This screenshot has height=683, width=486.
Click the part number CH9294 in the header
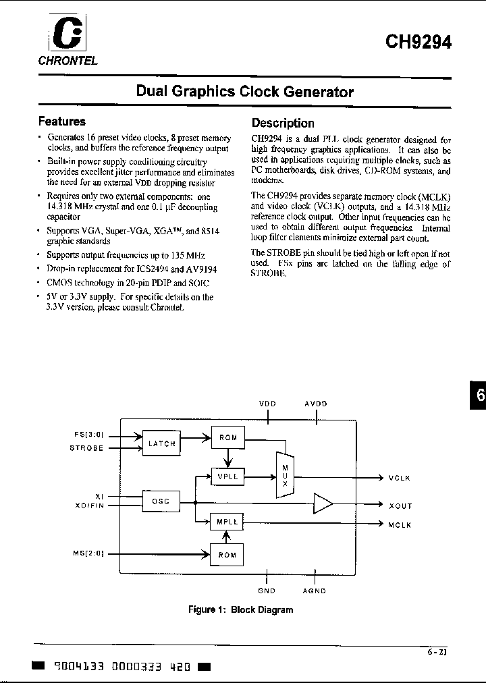tap(418, 41)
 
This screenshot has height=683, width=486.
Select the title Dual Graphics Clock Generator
tap(244, 91)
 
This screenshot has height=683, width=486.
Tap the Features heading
tap(61, 121)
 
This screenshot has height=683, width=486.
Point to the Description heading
tap(283, 123)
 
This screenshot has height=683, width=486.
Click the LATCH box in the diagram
tap(161, 443)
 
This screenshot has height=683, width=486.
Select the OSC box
tap(161, 501)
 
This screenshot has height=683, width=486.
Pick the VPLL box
tap(227, 476)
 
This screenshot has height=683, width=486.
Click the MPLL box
tap(227, 522)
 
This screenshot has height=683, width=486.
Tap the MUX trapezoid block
tap(285, 475)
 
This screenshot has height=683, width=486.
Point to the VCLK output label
tap(400, 478)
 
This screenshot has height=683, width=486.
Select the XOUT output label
tap(400, 506)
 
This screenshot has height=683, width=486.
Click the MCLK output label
tap(400, 525)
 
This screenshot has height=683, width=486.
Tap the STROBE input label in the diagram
tap(86, 448)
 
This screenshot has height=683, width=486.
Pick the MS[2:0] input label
tap(88, 554)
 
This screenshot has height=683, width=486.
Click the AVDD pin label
tap(315, 404)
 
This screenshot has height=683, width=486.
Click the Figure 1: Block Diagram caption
tap(240, 609)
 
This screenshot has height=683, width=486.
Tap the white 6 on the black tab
tap(480, 396)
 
